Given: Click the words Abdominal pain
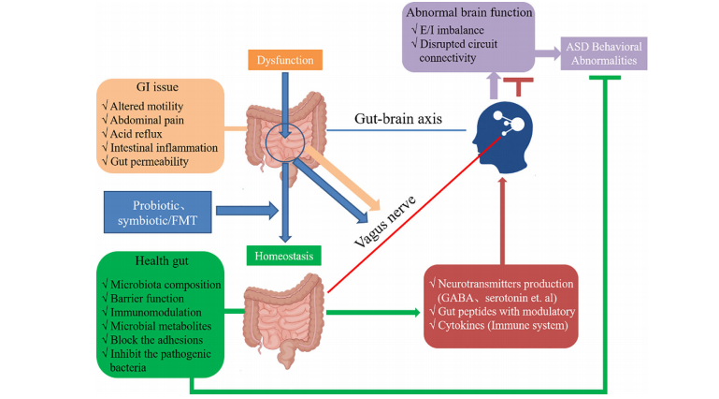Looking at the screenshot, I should click(x=153, y=119).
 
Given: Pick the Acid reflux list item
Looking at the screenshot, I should click(x=144, y=133).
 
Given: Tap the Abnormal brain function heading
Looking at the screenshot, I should click(x=468, y=13).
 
